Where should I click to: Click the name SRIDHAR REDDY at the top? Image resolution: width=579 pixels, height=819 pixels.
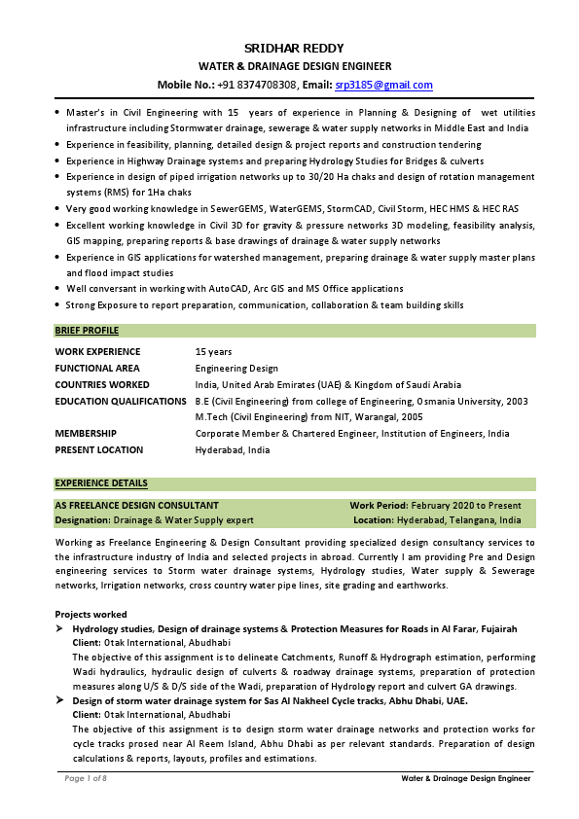(294, 49)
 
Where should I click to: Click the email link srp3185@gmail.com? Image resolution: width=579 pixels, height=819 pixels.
(383, 85)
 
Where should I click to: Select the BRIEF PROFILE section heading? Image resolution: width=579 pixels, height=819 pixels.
(87, 331)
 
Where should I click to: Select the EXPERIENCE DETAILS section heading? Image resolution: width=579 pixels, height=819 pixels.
(101, 482)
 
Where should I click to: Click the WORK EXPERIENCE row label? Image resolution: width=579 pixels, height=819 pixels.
(97, 352)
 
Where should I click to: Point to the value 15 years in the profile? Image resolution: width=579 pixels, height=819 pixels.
(213, 352)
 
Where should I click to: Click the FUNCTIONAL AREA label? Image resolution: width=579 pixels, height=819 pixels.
(97, 369)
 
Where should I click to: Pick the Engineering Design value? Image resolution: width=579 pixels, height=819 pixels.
(236, 369)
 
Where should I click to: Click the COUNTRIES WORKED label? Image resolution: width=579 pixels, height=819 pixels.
(102, 385)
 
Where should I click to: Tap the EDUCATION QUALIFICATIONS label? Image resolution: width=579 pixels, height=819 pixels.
(121, 401)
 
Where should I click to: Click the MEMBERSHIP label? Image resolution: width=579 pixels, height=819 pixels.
(86, 434)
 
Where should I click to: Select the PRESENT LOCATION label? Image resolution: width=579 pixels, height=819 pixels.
(98, 449)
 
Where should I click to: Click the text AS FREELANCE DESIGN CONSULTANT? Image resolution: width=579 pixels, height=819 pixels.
(136, 506)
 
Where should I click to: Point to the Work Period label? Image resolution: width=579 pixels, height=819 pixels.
(379, 506)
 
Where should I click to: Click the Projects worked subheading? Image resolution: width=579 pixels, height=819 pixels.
(90, 615)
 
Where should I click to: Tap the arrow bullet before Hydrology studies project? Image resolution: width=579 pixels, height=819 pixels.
(59, 630)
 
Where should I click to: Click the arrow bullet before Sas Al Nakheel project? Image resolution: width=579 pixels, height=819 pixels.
(59, 700)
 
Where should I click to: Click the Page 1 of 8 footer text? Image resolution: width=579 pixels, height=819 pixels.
(86, 779)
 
